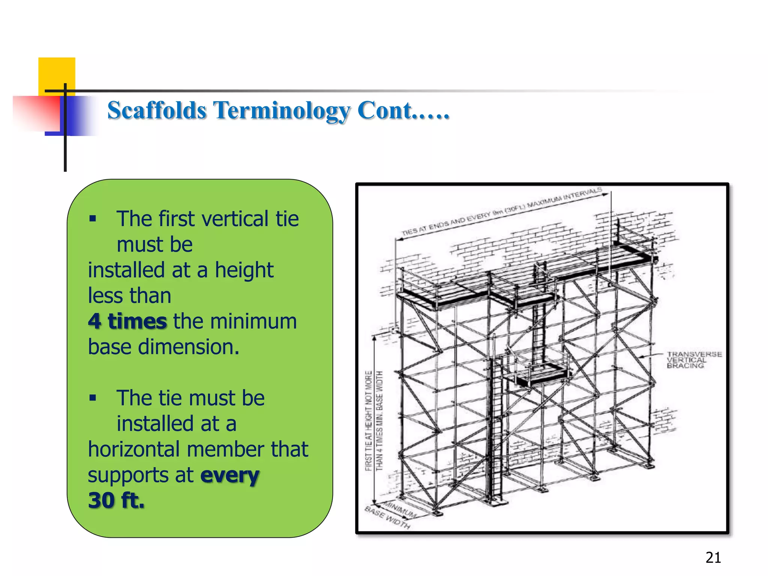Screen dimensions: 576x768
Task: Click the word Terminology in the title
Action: (281, 111)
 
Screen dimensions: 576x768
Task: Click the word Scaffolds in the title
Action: (157, 111)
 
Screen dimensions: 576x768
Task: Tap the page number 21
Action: (713, 558)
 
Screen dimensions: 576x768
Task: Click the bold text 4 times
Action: (127, 321)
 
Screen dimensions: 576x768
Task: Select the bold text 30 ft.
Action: (116, 501)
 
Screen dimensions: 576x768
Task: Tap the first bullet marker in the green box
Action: (93, 219)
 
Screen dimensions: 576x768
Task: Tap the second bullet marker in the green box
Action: (93, 398)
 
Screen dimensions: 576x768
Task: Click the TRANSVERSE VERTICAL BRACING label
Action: (694, 360)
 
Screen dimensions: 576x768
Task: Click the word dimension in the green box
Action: (188, 347)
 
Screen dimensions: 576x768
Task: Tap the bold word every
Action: (230, 475)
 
